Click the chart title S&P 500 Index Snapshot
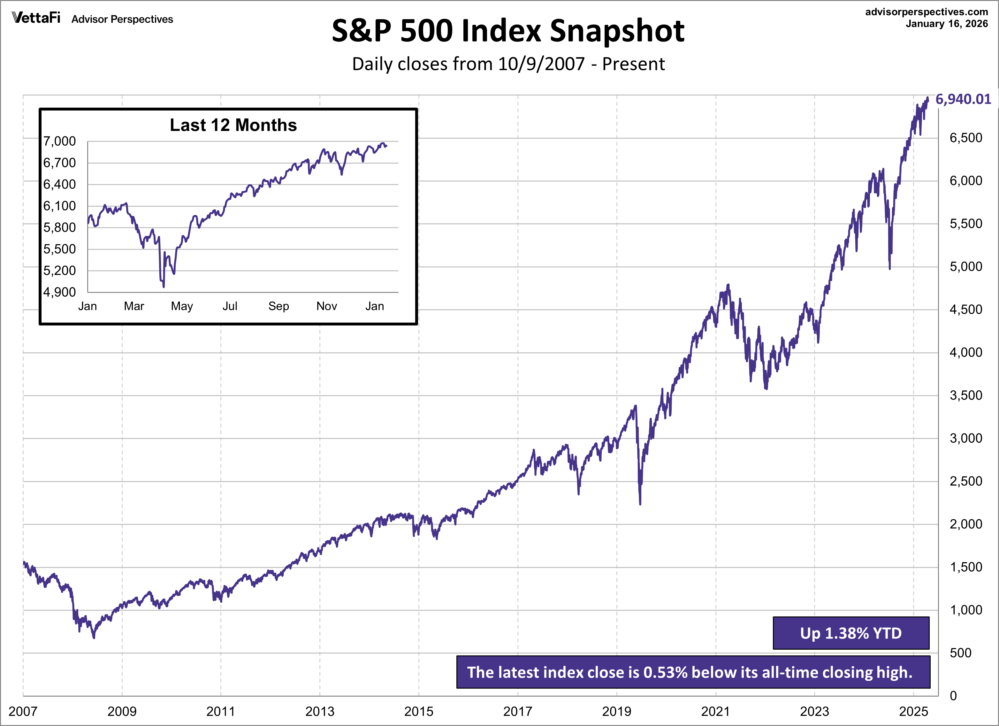coord(508,31)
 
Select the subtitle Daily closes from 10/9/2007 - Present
coord(508,64)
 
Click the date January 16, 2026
coord(947,24)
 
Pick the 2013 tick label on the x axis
coord(320,711)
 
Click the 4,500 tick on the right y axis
coord(965,310)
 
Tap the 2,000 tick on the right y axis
coord(965,524)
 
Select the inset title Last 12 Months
coord(233,125)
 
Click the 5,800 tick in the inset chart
coord(59,228)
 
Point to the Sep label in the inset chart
coord(278,306)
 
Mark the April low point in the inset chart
coord(164,287)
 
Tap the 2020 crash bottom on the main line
coord(640,503)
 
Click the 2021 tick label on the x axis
coord(715,711)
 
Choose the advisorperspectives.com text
coord(926,12)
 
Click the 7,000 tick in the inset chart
coord(59,141)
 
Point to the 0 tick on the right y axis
coord(953,696)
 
